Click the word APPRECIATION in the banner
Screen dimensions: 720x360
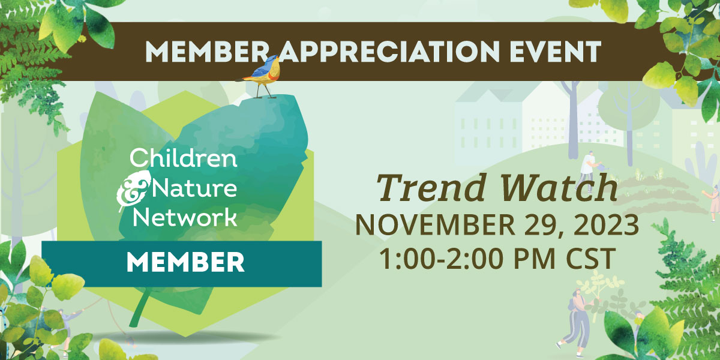pos(388,52)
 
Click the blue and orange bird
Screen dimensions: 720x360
pos(260,76)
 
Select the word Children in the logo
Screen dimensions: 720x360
pos(184,158)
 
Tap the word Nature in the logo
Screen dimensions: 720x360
pos(194,188)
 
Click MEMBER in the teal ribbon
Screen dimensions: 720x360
pos(185,263)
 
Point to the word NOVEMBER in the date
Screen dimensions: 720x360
pos(436,225)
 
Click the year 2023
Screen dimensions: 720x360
pos(606,225)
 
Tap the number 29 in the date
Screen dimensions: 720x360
pos(544,226)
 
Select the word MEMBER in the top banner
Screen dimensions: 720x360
pos(206,52)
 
